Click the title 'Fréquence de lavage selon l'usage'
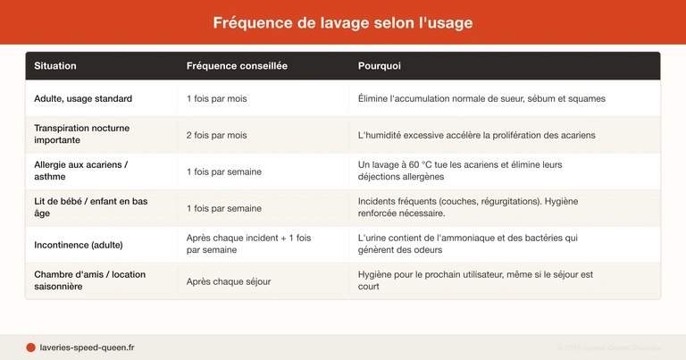(343, 22)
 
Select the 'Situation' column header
(55, 66)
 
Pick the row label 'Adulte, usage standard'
(83, 98)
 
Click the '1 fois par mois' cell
(217, 98)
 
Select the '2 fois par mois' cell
(217, 135)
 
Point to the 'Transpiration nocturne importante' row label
(81, 135)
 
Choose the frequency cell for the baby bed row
(224, 208)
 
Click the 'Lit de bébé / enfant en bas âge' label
(90, 208)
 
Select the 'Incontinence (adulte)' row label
(79, 245)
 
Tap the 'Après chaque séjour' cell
(229, 281)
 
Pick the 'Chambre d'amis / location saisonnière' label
(89, 281)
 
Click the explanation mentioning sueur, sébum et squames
(481, 98)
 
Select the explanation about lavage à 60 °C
(460, 172)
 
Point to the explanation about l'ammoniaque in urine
(467, 245)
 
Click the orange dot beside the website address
(30, 347)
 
